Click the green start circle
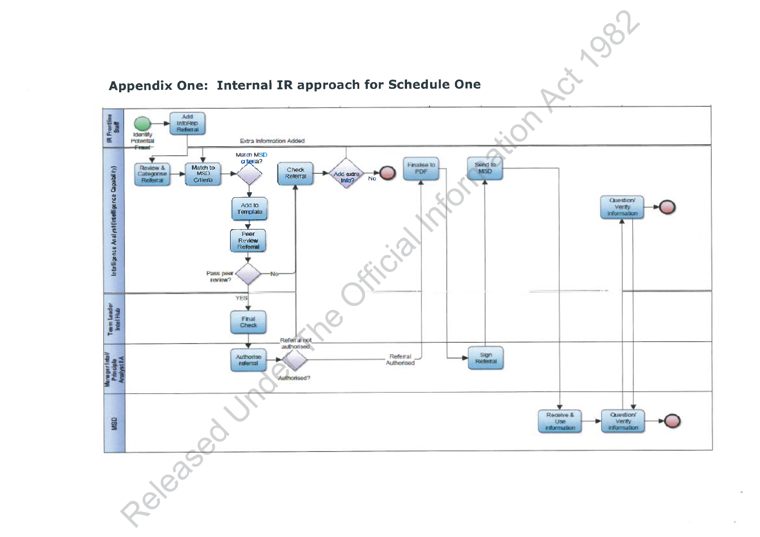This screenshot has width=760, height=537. (x=142, y=124)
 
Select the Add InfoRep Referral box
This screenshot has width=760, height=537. (x=187, y=123)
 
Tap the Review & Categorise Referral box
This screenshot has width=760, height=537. (x=153, y=174)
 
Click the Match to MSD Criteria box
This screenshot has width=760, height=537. (x=203, y=174)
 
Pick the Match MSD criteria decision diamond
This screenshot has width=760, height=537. (x=250, y=174)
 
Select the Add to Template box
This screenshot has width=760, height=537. (x=250, y=208)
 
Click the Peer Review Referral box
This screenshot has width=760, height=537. (x=248, y=241)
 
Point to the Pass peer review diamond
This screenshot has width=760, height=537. (x=248, y=274)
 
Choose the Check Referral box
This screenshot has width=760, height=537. (x=296, y=173)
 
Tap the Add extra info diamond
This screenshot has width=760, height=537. (x=346, y=173)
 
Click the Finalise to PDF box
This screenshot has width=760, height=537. (x=421, y=168)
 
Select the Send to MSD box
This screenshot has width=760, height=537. (x=485, y=168)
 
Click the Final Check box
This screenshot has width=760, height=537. (x=248, y=322)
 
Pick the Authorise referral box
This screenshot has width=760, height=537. (x=248, y=360)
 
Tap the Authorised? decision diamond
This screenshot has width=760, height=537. (x=294, y=360)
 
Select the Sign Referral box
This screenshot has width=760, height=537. (x=486, y=358)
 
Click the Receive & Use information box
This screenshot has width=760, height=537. (x=560, y=421)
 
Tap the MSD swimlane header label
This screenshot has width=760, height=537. (x=114, y=423)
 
